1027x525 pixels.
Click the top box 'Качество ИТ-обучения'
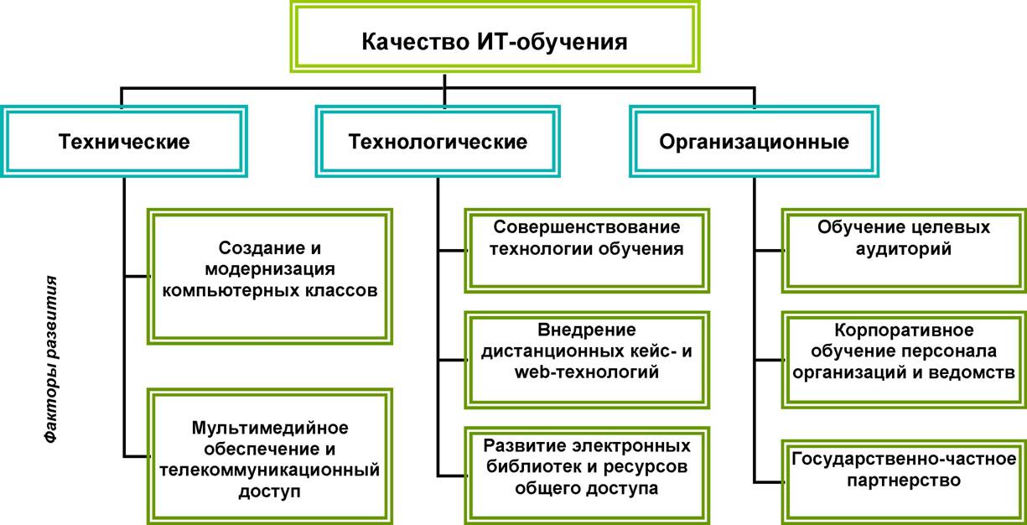pyautogui.click(x=495, y=37)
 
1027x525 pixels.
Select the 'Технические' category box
pyautogui.click(x=124, y=141)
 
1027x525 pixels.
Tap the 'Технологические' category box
pyautogui.click(x=438, y=141)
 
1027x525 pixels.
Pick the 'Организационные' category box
pyautogui.click(x=754, y=141)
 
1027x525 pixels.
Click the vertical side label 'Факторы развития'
pyautogui.click(x=51, y=360)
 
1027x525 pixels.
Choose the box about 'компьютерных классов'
pyautogui.click(x=270, y=277)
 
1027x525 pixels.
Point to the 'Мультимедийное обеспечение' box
pyautogui.click(x=270, y=457)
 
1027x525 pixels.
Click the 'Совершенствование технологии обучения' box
pyautogui.click(x=587, y=251)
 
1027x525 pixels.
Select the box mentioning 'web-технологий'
pyautogui.click(x=587, y=360)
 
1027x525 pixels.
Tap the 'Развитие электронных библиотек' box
pyautogui.click(x=587, y=476)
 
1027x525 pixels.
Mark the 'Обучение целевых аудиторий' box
pyautogui.click(x=904, y=251)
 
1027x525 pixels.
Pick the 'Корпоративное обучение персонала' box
pyautogui.click(x=904, y=360)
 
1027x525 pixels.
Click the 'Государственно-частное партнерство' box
pyautogui.click(x=904, y=482)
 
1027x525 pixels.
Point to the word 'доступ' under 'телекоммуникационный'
pyautogui.click(x=270, y=491)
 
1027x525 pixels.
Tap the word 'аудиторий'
pyautogui.click(x=904, y=249)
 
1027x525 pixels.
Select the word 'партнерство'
pyautogui.click(x=904, y=480)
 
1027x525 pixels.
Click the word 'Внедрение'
pyautogui.click(x=587, y=330)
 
